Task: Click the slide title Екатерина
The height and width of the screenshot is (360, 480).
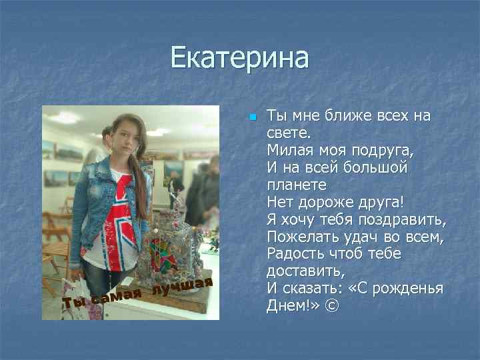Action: click(x=240, y=57)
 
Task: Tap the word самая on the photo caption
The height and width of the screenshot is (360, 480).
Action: click(x=116, y=295)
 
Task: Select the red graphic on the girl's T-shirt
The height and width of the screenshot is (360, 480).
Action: click(x=123, y=203)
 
